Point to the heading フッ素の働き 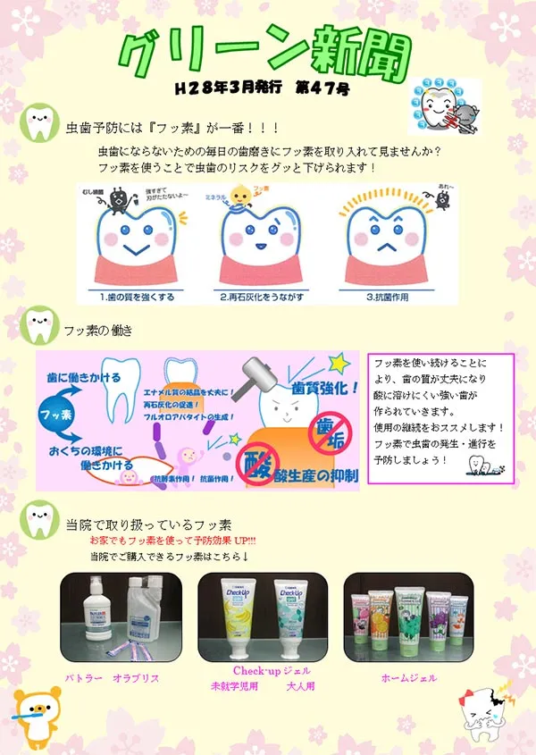pyautogui.click(x=98, y=331)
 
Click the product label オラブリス pyautogui.click(x=136, y=678)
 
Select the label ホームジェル pyautogui.click(x=409, y=678)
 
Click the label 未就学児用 pyautogui.click(x=234, y=687)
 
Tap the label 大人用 pyautogui.click(x=301, y=687)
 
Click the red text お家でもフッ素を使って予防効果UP pyautogui.click(x=172, y=541)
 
